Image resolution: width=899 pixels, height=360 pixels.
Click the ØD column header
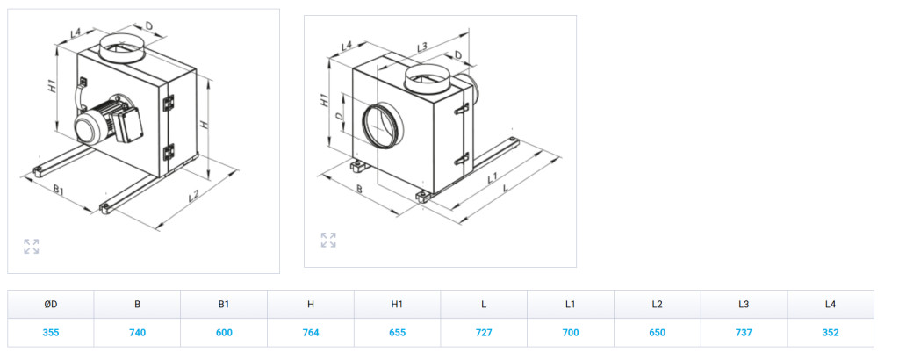(50, 305)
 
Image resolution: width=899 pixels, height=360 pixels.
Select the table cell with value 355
(50, 333)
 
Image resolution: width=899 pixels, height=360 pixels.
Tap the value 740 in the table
(138, 333)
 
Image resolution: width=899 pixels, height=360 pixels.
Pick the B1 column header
(224, 305)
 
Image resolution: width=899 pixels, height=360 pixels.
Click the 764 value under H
(310, 333)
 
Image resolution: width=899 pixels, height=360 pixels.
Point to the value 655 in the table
(397, 333)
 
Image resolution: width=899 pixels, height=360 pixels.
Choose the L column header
(484, 305)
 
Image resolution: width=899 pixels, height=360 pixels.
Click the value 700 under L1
(571, 333)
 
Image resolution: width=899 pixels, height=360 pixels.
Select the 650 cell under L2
(657, 333)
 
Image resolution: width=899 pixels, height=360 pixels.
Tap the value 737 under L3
(744, 333)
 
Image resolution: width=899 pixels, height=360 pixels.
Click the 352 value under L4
(831, 333)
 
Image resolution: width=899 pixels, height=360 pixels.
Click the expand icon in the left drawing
(32, 247)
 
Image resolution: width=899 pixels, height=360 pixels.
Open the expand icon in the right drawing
(328, 241)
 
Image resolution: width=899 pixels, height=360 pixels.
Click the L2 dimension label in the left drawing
(194, 196)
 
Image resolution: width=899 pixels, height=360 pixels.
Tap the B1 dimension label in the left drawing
(59, 190)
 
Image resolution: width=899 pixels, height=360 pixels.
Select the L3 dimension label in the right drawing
(422, 46)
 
